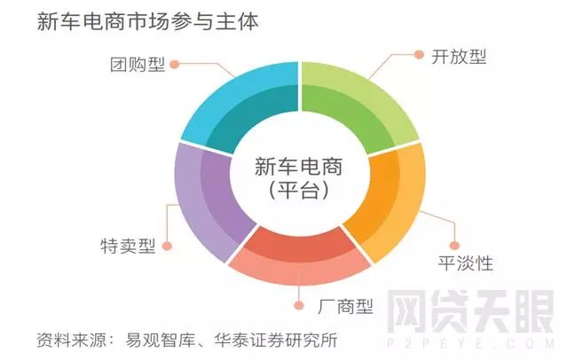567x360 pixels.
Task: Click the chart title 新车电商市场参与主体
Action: [148, 21]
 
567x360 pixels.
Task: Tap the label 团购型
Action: [138, 65]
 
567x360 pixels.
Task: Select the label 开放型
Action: [459, 57]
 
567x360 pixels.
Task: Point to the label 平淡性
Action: [465, 262]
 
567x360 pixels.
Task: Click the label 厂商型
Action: [345, 306]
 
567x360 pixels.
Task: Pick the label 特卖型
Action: [128, 246]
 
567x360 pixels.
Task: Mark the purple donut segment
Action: [209, 202]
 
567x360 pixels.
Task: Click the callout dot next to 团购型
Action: [175, 65]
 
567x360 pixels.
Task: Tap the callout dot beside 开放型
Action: [419, 55]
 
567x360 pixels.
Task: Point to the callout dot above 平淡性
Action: [454, 246]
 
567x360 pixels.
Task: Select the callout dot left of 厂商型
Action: [299, 305]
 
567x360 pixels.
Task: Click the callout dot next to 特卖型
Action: [167, 247]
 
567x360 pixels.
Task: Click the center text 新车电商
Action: [299, 167]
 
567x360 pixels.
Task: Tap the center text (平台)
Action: [299, 190]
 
